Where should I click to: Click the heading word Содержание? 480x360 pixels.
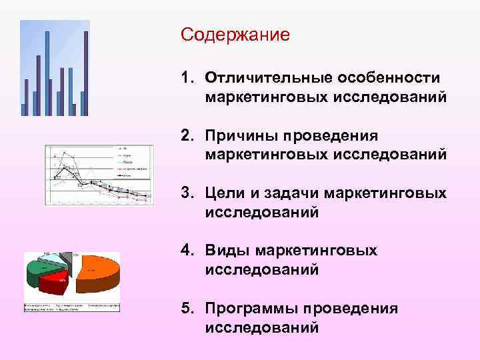(235, 34)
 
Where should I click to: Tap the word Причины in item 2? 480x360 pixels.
(244, 136)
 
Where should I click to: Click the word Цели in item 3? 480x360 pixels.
(227, 193)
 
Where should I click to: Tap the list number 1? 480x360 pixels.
(185, 79)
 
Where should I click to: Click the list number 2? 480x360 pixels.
(185, 136)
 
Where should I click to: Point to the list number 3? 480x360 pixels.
(185, 193)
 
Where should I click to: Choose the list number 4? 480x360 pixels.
(185, 251)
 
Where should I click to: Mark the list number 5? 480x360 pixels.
(185, 308)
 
